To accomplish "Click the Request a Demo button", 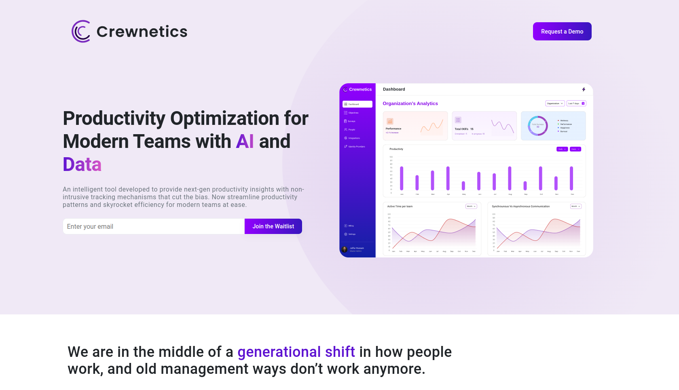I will point(562,32).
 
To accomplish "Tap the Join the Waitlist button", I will point(273,226).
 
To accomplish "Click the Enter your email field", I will point(154,226).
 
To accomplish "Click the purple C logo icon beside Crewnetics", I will point(81,32).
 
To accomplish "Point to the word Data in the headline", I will point(82,164).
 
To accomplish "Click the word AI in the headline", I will point(245,141).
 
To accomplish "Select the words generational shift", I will point(296,352).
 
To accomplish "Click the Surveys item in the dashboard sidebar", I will point(351,121).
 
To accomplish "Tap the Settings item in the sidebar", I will point(351,234).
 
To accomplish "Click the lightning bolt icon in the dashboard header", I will point(584,89).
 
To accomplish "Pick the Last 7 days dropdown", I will point(576,103).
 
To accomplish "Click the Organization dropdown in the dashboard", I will point(554,103).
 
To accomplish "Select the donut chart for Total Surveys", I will point(538,126).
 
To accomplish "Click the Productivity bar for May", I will point(463,186).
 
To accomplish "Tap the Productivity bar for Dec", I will point(571,178).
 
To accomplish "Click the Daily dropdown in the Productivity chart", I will point(562,149).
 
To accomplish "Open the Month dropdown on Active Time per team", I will point(471,207).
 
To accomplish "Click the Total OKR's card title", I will point(461,129).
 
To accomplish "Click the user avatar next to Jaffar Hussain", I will point(345,249).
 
